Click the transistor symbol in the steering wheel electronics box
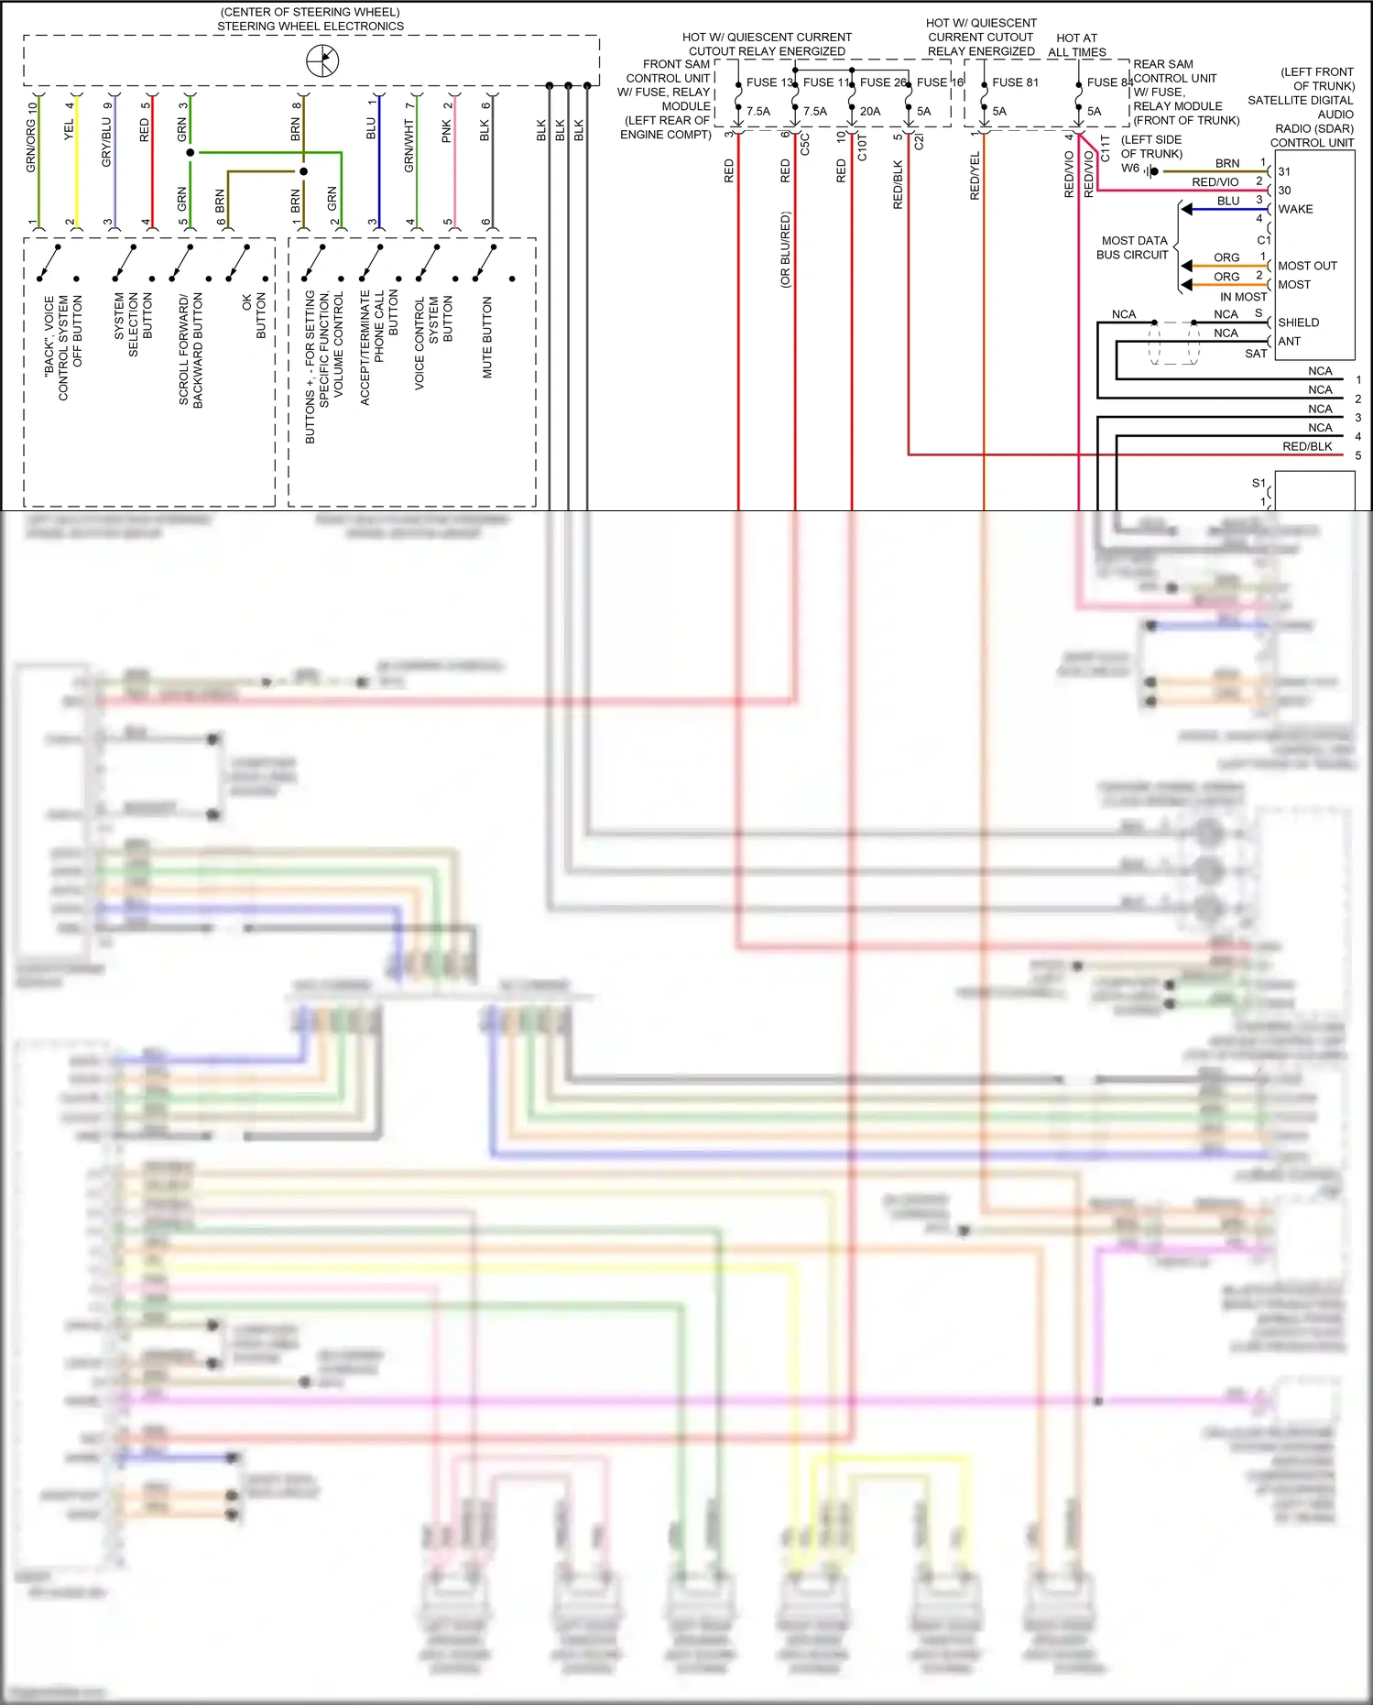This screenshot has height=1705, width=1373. click(x=322, y=61)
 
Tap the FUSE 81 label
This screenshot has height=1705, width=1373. click(x=1015, y=82)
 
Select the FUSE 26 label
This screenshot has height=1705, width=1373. click(x=882, y=82)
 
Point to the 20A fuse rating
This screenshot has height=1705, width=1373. click(x=869, y=112)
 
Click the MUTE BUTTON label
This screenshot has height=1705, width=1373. click(x=487, y=337)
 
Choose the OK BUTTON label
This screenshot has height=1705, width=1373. click(x=254, y=316)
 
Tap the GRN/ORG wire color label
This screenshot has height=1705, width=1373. click(x=31, y=137)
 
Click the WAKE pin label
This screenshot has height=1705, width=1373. click(x=1295, y=209)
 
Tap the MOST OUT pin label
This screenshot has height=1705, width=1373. click(x=1307, y=266)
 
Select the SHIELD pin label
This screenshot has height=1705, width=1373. click(x=1298, y=322)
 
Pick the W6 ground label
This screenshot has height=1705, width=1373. click(x=1130, y=169)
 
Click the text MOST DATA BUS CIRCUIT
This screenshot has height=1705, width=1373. click(x=1133, y=247)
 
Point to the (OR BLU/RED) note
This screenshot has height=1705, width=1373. click(x=785, y=250)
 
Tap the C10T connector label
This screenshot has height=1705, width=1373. click(x=862, y=147)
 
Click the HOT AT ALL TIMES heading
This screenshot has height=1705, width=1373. click(x=1076, y=45)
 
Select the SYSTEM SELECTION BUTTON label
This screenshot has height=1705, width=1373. click(x=134, y=325)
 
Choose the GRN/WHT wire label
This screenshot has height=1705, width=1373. click(x=409, y=146)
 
